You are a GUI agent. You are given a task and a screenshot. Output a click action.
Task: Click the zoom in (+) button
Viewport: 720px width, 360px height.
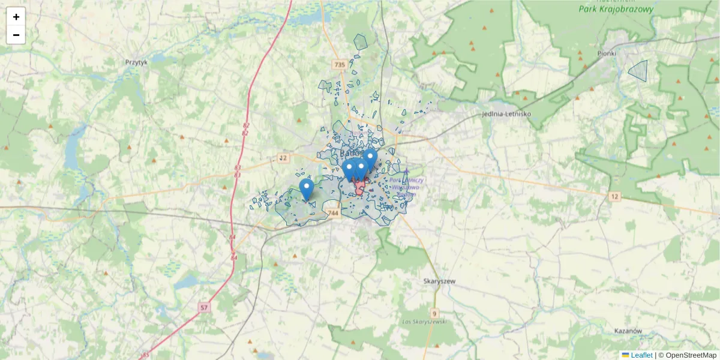[16, 17]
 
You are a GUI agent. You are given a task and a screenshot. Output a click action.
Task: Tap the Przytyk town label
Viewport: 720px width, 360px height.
[136, 62]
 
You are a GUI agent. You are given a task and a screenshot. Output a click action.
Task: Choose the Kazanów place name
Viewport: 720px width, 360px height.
[629, 331]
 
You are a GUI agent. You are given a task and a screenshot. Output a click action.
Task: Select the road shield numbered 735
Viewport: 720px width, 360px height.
[340, 64]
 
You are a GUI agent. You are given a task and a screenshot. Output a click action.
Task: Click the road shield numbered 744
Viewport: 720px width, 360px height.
[334, 213]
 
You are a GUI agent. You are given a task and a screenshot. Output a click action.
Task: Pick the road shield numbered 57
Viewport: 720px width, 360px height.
[205, 308]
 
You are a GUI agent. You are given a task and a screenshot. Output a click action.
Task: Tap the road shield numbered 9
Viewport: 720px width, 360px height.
[434, 313]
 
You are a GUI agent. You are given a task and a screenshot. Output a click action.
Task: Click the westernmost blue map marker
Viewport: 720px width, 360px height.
[307, 188]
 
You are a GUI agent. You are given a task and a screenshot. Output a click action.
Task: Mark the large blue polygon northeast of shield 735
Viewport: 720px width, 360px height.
[360, 41]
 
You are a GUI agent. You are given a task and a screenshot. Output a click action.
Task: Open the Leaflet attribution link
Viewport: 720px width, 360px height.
[641, 355]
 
